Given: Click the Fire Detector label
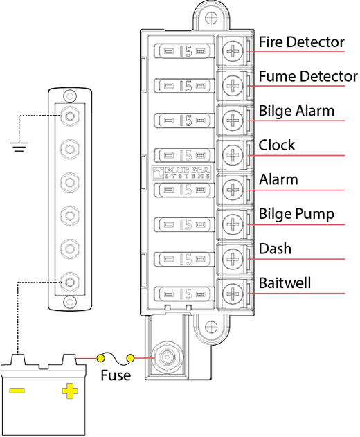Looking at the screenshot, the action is click(x=301, y=42).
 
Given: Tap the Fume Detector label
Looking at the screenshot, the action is click(x=308, y=76).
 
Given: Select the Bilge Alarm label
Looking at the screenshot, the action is click(x=296, y=111).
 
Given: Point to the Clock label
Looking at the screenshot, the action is click(x=277, y=145).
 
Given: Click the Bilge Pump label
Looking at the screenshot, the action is click(x=296, y=214).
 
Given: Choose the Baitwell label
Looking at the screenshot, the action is click(x=285, y=283).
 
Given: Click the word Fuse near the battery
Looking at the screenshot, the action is click(x=116, y=375).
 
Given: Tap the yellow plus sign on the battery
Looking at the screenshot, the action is click(x=70, y=391).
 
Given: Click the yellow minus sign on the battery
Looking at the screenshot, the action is click(x=17, y=391).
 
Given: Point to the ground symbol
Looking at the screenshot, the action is click(x=19, y=147).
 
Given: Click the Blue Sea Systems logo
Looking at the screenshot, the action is click(x=181, y=172).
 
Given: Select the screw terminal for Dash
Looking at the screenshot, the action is click(x=233, y=259).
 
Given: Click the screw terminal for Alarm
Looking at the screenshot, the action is click(x=233, y=190).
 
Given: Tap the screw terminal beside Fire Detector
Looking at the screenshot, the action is click(x=233, y=51).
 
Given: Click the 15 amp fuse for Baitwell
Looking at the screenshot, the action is click(x=184, y=294).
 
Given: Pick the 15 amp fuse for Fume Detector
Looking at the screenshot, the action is click(x=184, y=86).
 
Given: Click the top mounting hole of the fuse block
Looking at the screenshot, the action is click(x=211, y=19).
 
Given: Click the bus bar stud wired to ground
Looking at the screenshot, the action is click(x=70, y=116).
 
